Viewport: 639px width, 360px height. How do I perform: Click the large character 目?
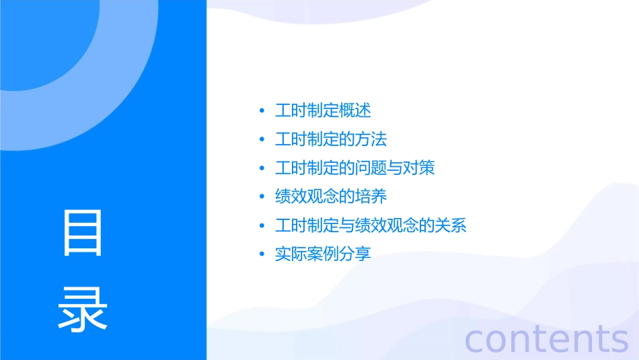click(x=83, y=233)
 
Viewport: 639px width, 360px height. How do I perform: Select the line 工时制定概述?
click(x=323, y=111)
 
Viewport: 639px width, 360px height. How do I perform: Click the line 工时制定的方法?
click(x=331, y=139)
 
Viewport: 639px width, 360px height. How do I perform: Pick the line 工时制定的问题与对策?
click(x=355, y=168)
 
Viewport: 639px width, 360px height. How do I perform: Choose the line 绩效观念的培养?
click(x=331, y=196)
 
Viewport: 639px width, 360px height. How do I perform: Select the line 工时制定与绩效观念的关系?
click(x=371, y=225)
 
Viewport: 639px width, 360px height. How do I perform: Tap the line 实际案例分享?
click(x=323, y=254)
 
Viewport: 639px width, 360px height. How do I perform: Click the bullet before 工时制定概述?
click(x=262, y=111)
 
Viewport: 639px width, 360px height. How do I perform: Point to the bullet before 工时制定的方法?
click(x=262, y=140)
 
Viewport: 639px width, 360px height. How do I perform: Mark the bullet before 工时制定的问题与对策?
click(x=262, y=168)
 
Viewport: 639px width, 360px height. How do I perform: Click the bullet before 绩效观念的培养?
click(x=262, y=197)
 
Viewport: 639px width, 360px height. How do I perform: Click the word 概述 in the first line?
click(x=355, y=111)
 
